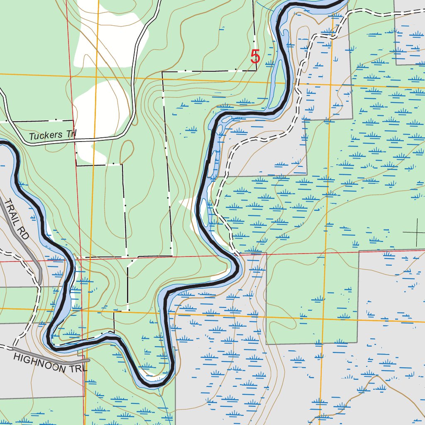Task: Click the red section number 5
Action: coord(255,57)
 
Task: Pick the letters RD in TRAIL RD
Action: coord(24,235)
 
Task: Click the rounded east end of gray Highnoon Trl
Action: coord(88,360)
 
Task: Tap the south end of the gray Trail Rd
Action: coord(40,283)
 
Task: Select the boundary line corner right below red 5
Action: coord(256,70)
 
